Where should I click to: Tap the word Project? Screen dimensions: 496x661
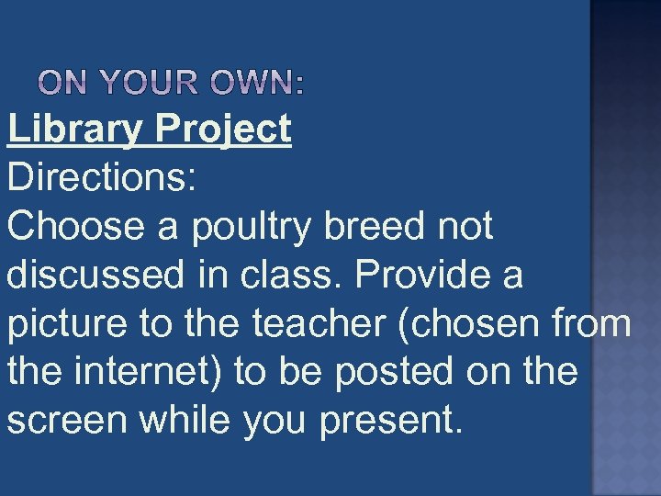223,130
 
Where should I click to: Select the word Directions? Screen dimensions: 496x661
101,177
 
